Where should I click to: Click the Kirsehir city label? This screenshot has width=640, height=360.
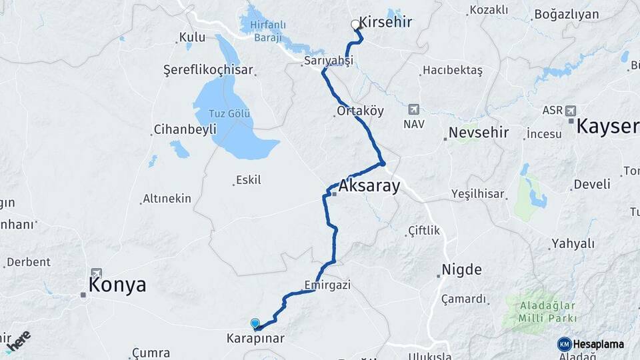coord(385,22)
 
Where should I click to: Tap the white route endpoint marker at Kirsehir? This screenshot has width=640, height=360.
coord(355,25)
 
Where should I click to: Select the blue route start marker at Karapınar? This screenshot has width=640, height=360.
coord(255,324)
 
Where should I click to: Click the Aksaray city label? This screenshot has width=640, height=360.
coord(369,186)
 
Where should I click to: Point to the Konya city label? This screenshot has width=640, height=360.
coord(117,285)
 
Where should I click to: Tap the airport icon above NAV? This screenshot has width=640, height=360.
coord(413,109)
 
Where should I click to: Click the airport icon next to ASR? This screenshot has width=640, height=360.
coord(571,110)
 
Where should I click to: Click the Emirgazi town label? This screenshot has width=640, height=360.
coord(327,285)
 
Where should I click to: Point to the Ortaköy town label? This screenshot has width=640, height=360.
coord(361,111)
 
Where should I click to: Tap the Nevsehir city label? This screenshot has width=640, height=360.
coord(479,133)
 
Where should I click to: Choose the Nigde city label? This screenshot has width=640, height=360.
coord(461,270)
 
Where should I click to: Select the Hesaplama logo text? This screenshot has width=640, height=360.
coord(599,344)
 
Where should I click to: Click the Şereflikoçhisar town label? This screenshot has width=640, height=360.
coord(208,69)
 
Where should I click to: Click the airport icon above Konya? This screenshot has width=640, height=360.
coord(97,273)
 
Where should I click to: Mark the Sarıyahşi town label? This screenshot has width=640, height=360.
coord(328,61)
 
